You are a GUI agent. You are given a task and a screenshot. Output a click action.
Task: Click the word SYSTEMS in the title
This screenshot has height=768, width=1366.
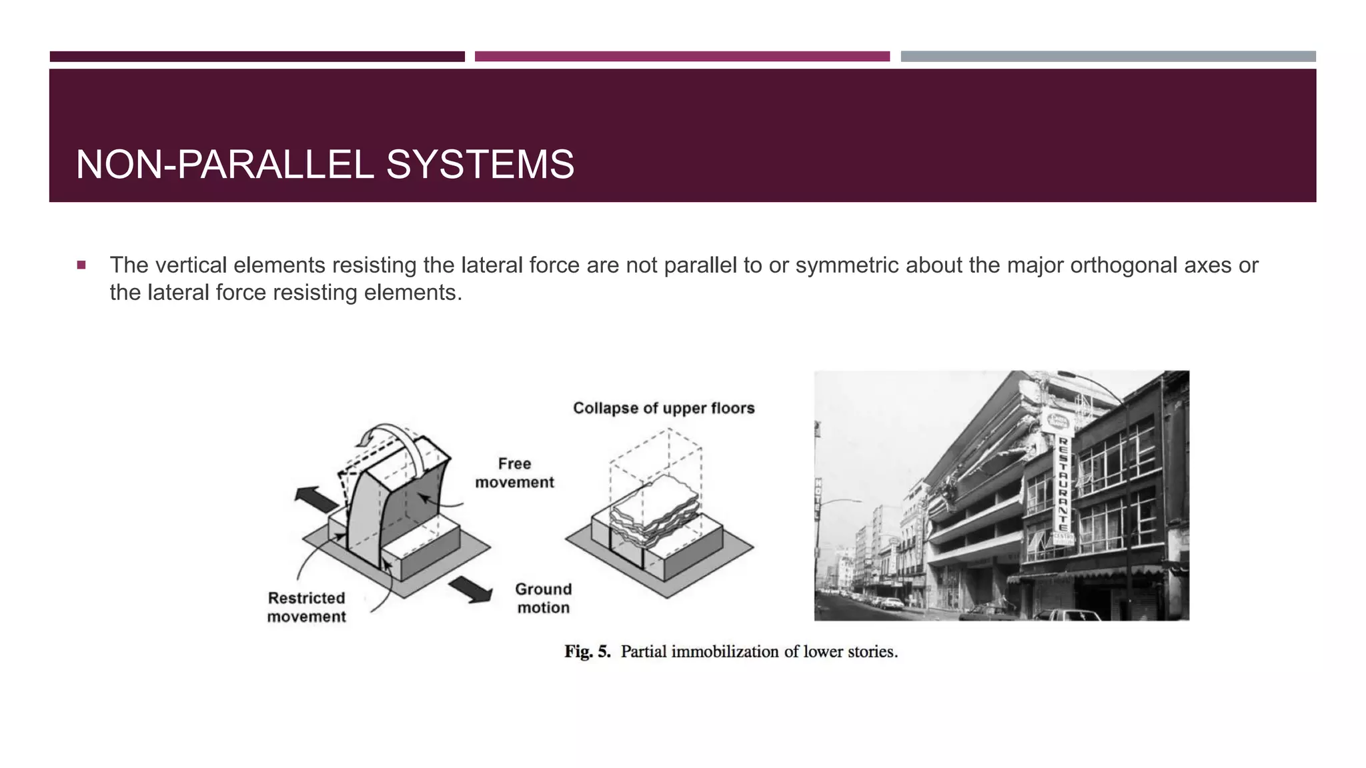tap(480, 165)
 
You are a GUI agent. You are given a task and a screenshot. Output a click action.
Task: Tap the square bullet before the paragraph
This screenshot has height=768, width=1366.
tap(81, 265)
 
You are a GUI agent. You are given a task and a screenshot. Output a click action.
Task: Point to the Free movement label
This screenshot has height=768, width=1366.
tap(514, 473)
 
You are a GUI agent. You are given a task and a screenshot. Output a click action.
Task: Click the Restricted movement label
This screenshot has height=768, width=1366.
tap(306, 607)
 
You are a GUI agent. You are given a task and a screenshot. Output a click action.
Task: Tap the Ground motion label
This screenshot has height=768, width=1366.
tap(543, 598)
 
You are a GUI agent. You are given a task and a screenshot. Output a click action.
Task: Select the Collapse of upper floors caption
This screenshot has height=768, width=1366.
tap(664, 408)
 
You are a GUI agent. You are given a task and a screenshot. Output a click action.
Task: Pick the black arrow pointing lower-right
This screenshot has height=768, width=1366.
tap(471, 590)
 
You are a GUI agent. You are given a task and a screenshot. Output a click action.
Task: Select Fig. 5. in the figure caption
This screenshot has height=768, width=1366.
tap(588, 651)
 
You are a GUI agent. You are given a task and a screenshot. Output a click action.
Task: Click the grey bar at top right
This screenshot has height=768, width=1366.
tap(1108, 57)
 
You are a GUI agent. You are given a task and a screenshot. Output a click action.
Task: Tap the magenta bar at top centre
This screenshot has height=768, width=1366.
tap(682, 57)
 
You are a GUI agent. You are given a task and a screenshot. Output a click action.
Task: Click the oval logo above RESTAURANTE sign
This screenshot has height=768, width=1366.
tap(1058, 421)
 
